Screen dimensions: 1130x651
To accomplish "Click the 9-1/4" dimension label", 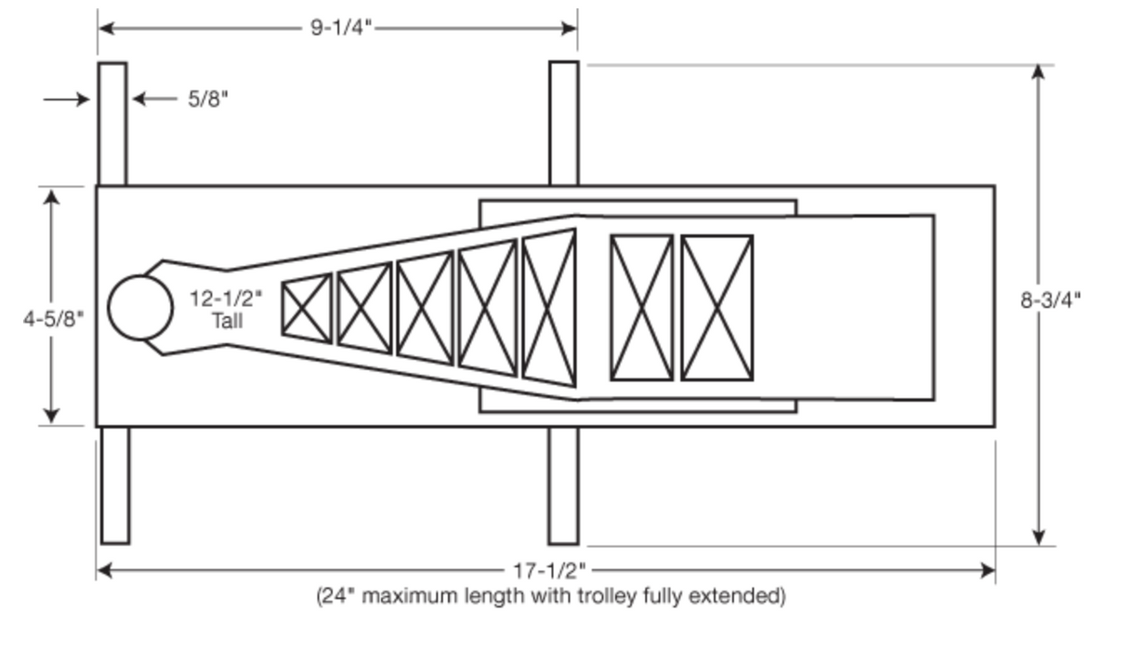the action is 341,27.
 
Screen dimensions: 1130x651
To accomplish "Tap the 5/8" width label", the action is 208,99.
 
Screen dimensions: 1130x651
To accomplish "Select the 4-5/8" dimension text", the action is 54,319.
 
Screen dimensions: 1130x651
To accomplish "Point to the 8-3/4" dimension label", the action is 1051,300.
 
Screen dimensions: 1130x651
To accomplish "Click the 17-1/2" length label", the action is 549,571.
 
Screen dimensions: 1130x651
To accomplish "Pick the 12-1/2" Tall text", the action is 226,310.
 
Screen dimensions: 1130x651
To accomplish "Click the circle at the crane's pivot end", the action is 140,307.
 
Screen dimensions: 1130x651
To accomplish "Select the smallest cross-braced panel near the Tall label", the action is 307,309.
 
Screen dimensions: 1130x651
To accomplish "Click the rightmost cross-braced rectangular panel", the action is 716,308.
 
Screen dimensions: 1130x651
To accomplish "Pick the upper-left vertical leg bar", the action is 112,125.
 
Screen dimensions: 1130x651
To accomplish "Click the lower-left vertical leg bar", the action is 115,485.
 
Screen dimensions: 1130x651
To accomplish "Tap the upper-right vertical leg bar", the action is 564,124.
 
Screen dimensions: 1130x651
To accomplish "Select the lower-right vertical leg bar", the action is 563,485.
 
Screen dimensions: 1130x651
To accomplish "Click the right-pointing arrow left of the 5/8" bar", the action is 67,99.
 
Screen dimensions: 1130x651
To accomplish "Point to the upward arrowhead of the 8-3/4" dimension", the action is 1038,72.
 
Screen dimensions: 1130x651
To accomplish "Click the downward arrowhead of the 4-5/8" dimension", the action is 51,416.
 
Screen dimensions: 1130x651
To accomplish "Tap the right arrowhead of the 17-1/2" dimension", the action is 988,571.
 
